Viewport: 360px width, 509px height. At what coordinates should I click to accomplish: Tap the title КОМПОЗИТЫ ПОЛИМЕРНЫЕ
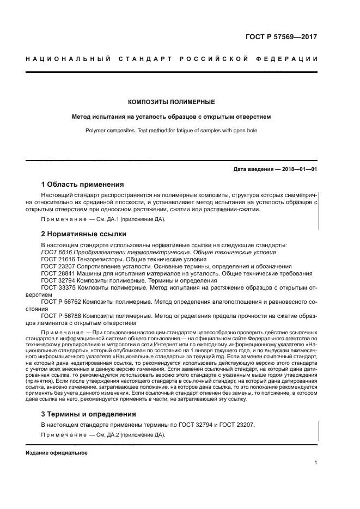point(171,102)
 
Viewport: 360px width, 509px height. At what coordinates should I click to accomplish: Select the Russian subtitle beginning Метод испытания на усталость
point(171,116)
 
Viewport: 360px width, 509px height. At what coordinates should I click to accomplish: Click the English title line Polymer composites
point(171,131)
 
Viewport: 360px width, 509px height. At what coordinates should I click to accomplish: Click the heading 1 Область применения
point(83,184)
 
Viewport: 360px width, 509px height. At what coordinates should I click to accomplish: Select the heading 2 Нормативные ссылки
point(84,234)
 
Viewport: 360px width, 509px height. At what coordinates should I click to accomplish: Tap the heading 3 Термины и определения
point(89,414)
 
